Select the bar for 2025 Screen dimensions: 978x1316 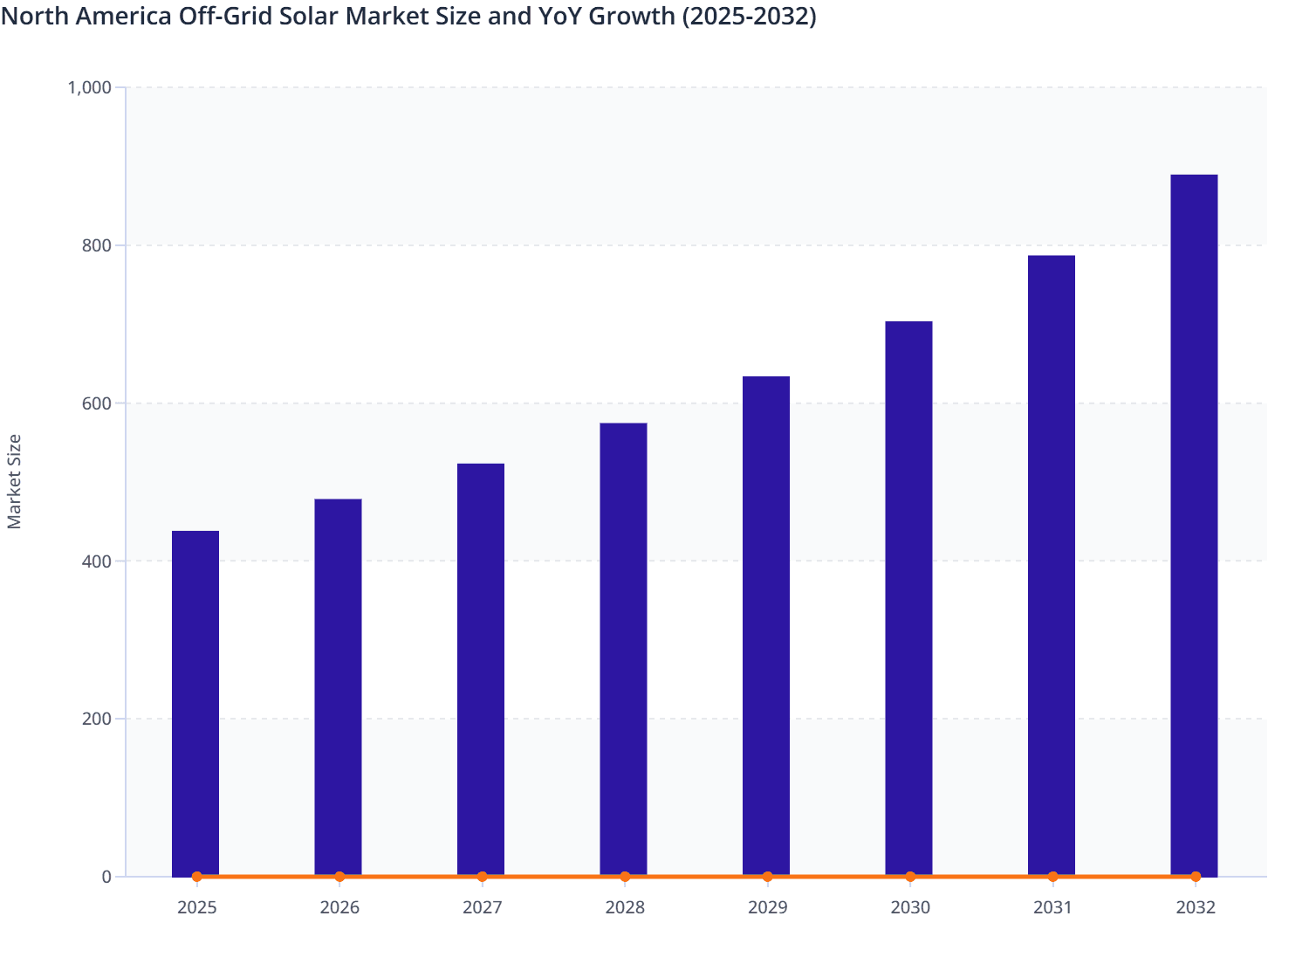[195, 703]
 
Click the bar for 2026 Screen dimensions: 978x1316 [338, 687]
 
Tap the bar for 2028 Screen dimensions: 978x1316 [623, 649]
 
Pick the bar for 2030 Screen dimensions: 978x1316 [908, 598]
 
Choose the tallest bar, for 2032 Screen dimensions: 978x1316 [1194, 525]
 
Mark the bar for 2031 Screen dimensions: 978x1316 [1051, 565]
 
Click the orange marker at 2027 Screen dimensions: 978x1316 [482, 877]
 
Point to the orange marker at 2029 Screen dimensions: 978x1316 [767, 877]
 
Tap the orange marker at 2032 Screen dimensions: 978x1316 [1196, 877]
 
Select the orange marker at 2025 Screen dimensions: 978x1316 [196, 877]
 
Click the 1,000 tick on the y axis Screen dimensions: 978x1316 [89, 87]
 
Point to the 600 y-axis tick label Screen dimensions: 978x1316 [98, 403]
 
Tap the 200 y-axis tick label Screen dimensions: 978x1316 [98, 720]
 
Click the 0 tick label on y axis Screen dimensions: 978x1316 [106, 877]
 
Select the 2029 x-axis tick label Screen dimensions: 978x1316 [767, 908]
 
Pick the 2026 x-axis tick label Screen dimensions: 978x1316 [339, 908]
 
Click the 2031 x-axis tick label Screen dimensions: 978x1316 [1052, 908]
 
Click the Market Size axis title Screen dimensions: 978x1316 [14, 481]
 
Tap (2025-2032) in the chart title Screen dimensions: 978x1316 [748, 16]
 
